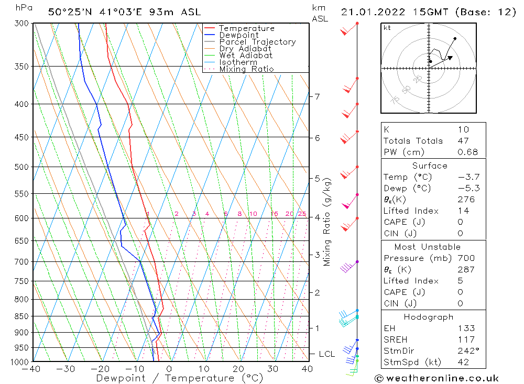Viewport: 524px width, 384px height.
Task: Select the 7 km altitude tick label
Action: click(x=317, y=96)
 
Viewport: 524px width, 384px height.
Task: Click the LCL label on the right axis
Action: click(x=326, y=354)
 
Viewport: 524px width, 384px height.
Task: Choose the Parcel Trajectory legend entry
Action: click(x=257, y=42)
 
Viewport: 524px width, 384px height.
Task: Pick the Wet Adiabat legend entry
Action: click(x=245, y=56)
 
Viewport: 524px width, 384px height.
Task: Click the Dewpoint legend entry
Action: click(x=238, y=35)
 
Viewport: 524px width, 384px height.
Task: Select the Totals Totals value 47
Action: click(x=463, y=141)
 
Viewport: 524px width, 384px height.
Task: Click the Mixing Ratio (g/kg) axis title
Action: click(x=327, y=222)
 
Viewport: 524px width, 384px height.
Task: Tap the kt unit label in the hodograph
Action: click(x=387, y=28)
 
